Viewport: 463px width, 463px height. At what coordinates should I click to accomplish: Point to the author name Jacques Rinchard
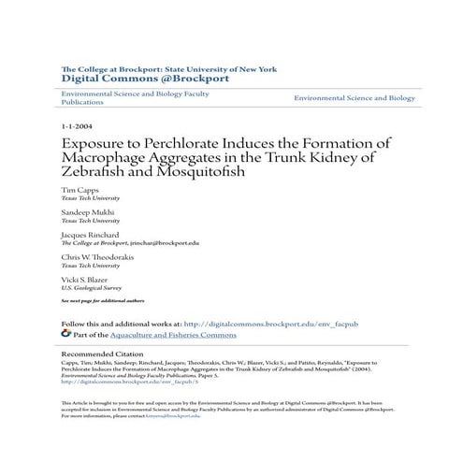[90, 235]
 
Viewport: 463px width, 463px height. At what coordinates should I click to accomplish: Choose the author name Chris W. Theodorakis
[101, 256]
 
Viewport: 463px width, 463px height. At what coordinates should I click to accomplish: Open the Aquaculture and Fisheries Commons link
[160, 332]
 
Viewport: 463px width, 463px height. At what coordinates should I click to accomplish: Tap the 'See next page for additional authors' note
[102, 300]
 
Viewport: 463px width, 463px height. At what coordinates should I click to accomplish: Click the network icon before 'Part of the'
[65, 332]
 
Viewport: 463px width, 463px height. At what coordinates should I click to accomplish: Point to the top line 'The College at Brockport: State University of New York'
[168, 68]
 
